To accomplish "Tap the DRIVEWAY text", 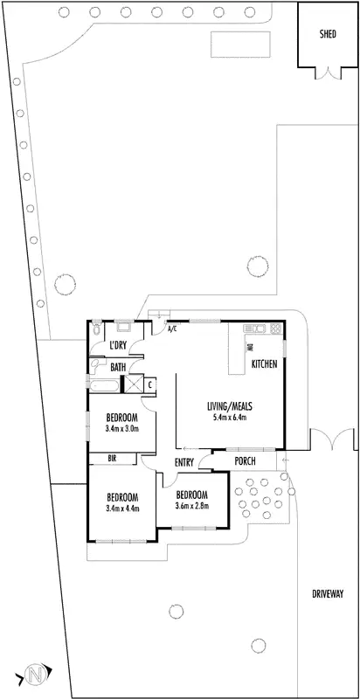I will pos(328,593).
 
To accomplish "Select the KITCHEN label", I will pos(266,363).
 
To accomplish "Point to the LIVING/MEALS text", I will pos(230,406).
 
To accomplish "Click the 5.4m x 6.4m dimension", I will pos(230,418).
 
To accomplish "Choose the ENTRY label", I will pos(184,462).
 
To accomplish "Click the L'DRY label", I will pos(118,346).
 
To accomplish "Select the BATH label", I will pos(117,367).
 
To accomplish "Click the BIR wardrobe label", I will pos(112,457).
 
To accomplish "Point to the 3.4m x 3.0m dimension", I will pos(121,428).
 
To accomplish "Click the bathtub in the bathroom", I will pos(105,384).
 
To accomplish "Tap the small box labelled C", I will pos(150,383).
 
